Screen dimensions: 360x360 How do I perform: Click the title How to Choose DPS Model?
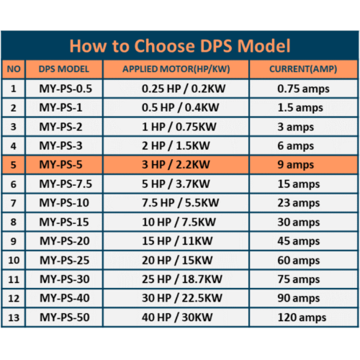pyautogui.click(x=180, y=46)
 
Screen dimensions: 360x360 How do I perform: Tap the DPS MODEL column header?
pyautogui.click(x=66, y=69)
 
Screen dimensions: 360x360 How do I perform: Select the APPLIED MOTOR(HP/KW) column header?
pyautogui.click(x=176, y=69)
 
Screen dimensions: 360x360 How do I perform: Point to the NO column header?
pyautogui.click(x=13, y=69)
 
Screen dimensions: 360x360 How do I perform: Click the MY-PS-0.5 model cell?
pyautogui.click(x=66, y=89)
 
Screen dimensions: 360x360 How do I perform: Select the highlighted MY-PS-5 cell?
pyautogui.click(x=66, y=165)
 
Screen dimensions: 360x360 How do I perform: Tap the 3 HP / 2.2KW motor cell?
pyautogui.click(x=176, y=165)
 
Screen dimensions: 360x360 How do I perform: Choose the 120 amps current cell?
pyautogui.click(x=302, y=316)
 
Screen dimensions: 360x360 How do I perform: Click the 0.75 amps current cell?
pyautogui.click(x=302, y=89)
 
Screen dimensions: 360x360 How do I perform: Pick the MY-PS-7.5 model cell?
pyautogui.click(x=66, y=184)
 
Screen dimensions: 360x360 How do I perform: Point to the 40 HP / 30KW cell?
pyautogui.click(x=176, y=316)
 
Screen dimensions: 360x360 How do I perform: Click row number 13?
pyautogui.click(x=13, y=316)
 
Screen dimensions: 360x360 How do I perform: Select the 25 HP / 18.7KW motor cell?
pyautogui.click(x=176, y=279)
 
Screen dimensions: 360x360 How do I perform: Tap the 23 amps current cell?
pyautogui.click(x=302, y=202)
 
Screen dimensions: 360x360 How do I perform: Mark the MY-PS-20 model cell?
pyautogui.click(x=66, y=240)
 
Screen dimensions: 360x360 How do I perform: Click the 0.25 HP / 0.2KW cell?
pyautogui.click(x=176, y=89)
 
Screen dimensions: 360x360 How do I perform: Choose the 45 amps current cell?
pyautogui.click(x=302, y=240)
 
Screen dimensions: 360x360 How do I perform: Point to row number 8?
pyautogui.click(x=13, y=222)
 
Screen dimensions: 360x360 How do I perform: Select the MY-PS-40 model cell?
pyautogui.click(x=66, y=297)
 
